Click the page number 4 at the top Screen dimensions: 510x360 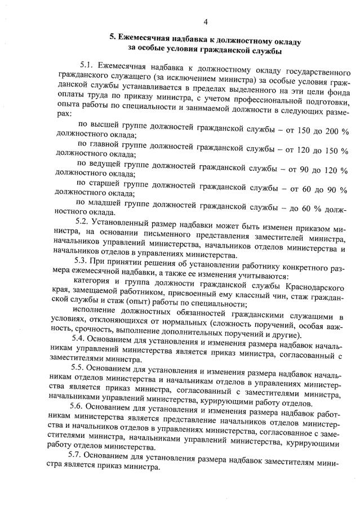coord(206,22)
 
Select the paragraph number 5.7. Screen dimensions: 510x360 coord(78,454)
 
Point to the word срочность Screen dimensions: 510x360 coord(90,329)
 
